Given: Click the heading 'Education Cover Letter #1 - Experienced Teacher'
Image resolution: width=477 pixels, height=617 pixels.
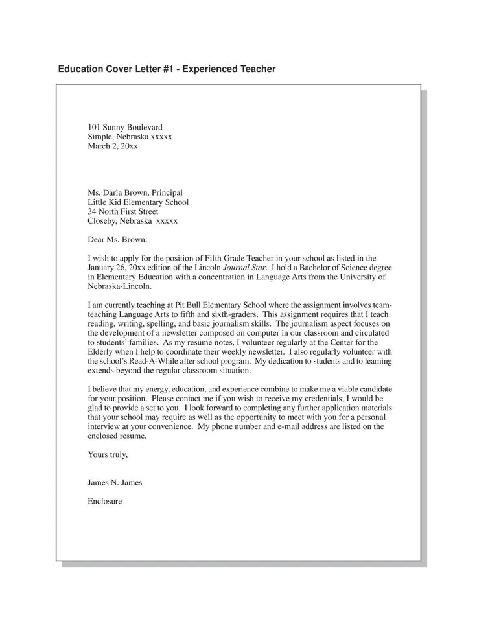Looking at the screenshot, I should pos(167,69).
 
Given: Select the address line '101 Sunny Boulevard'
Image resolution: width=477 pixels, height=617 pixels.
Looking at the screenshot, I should pos(125,127).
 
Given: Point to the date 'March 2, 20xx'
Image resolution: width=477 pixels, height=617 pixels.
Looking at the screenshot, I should pos(113,146).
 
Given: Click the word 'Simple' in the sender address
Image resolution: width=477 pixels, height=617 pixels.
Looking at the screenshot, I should pos(100,137).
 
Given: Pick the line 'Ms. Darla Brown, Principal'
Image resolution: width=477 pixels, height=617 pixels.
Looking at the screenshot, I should pos(135,192).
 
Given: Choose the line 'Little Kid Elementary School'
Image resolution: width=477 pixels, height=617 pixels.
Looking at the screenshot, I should pos(138,202).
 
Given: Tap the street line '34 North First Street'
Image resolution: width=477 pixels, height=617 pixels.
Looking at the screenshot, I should pos(123,211).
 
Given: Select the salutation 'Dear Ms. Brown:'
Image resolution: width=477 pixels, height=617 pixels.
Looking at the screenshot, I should pos(117,239).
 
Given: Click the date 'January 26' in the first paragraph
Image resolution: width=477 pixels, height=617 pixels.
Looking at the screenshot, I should pos(106,268).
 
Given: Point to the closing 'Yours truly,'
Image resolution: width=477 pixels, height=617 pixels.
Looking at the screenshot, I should pos(108,454).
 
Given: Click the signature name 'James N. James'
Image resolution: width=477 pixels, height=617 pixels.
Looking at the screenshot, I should pos(115,482).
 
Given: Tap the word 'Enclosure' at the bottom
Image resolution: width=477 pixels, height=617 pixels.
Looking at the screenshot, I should pos(104,501).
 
